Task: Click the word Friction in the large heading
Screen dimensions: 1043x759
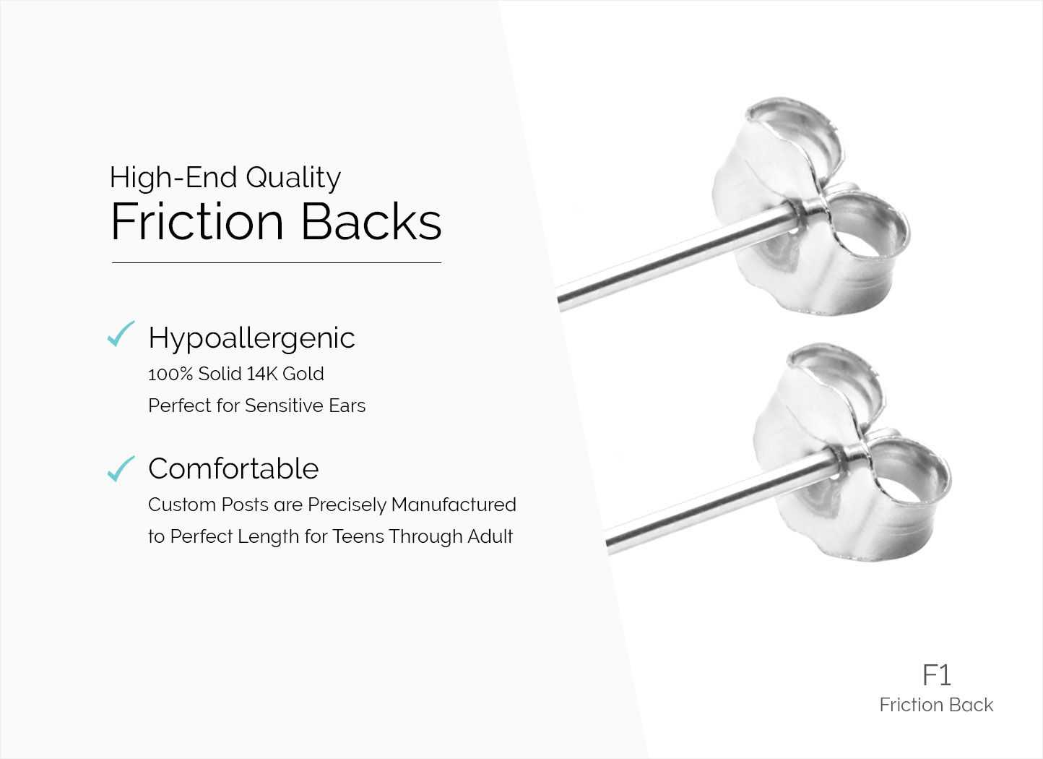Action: pyautogui.click(x=197, y=222)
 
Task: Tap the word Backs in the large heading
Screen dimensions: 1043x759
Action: pyautogui.click(x=371, y=222)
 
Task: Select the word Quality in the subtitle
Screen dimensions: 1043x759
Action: pyautogui.click(x=293, y=179)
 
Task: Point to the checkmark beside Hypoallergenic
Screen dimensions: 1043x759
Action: pyautogui.click(x=121, y=334)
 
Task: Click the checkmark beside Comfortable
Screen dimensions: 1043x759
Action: pyautogui.click(x=121, y=468)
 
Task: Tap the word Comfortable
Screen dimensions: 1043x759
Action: pyautogui.click(x=233, y=468)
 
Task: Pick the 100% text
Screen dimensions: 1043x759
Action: pyautogui.click(x=170, y=374)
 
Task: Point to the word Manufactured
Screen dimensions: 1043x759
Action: pyautogui.click(x=454, y=505)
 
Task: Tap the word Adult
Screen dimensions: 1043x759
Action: pyautogui.click(x=490, y=536)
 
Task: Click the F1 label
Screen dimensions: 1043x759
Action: pyautogui.click(x=936, y=675)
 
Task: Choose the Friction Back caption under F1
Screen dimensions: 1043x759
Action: pyautogui.click(x=936, y=705)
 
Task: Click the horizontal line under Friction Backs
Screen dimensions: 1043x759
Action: pyautogui.click(x=276, y=263)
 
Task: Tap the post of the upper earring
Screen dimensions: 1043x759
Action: pyautogui.click(x=675, y=257)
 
